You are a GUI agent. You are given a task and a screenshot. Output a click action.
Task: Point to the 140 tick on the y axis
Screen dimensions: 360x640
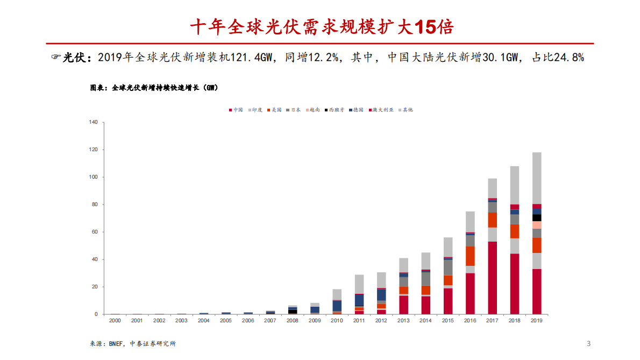pyautogui.click(x=93, y=123)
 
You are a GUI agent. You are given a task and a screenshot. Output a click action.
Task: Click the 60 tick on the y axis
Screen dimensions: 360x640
pyautogui.click(x=94, y=232)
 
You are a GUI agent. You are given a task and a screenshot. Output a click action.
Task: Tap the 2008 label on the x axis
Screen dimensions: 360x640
pyautogui.click(x=292, y=320)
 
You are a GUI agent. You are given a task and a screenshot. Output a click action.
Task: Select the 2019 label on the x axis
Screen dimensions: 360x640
pyautogui.click(x=536, y=320)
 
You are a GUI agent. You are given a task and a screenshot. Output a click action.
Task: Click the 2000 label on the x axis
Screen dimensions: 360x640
pyautogui.click(x=115, y=320)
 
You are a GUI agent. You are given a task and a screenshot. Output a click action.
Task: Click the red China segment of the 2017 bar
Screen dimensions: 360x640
pyautogui.click(x=492, y=278)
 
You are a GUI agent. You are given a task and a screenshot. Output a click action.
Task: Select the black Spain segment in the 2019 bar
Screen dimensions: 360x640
pyautogui.click(x=536, y=218)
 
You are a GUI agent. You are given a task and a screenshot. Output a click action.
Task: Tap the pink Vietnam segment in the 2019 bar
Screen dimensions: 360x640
pyautogui.click(x=536, y=225)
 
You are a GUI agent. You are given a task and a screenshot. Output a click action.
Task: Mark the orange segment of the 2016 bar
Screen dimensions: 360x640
pyautogui.click(x=470, y=256)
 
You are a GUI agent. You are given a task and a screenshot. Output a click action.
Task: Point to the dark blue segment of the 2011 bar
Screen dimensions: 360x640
pyautogui.click(x=359, y=300)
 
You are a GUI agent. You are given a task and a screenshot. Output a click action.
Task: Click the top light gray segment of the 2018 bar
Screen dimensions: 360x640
pyautogui.click(x=514, y=185)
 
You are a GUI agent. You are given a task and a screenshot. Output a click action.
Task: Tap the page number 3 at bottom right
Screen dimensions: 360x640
pyautogui.click(x=588, y=343)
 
